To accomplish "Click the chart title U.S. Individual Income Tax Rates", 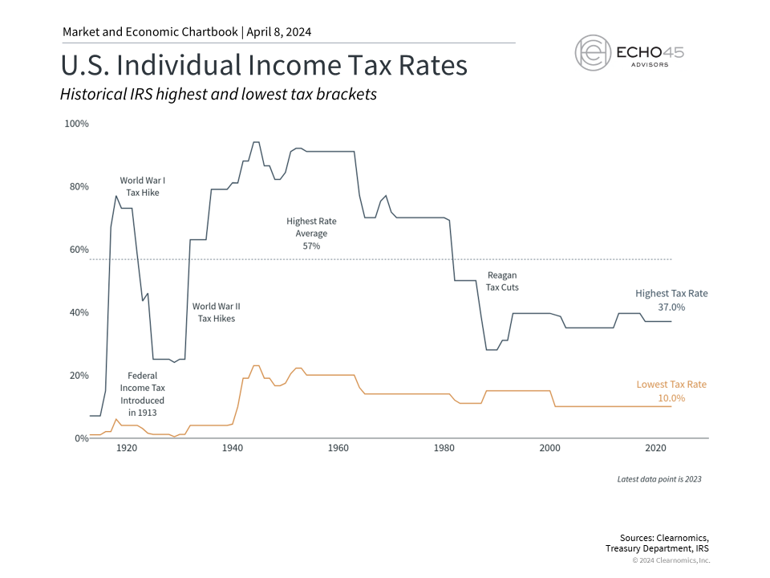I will click(264, 65).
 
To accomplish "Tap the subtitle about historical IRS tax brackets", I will click(218, 94).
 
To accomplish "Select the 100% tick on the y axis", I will click(76, 124).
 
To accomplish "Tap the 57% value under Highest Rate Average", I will click(311, 246).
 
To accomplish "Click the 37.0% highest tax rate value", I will click(671, 307).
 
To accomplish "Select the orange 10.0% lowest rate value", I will click(671, 398).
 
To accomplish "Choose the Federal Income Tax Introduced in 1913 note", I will click(142, 393).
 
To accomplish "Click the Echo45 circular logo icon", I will click(594, 53).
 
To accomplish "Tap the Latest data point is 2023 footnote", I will click(659, 479).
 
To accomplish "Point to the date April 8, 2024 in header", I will click(277, 32).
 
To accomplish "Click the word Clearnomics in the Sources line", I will click(683, 537).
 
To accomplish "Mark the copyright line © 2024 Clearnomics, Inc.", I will click(671, 560).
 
